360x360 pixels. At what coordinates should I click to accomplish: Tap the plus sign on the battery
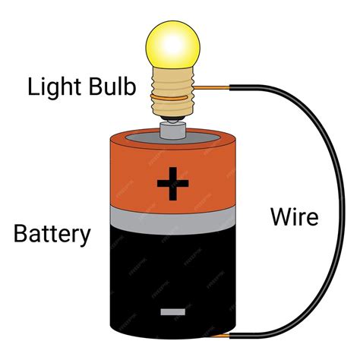pyautogui.click(x=173, y=182)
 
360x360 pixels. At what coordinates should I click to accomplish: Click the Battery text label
pyautogui.click(x=52, y=233)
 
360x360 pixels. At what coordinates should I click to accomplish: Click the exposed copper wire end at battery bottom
pyautogui.click(x=223, y=336)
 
